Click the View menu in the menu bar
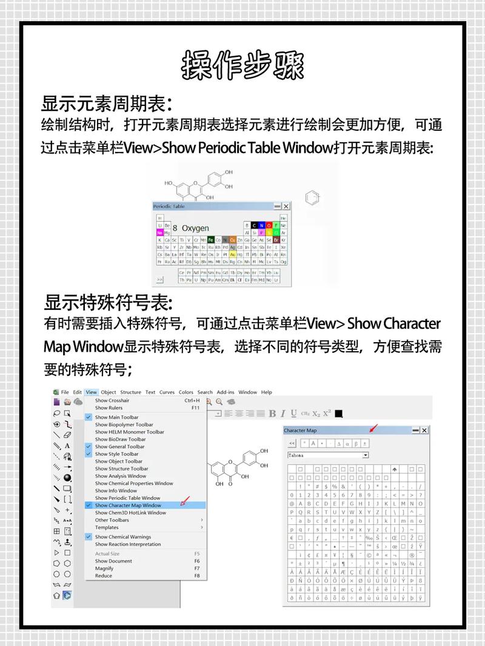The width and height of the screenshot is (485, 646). click(x=91, y=392)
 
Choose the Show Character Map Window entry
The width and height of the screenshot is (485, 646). click(x=128, y=505)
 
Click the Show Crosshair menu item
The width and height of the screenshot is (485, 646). click(x=112, y=400)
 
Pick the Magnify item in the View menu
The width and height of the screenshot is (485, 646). click(x=104, y=569)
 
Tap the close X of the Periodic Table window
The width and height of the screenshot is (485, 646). click(x=286, y=206)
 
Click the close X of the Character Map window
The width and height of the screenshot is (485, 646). click(x=424, y=430)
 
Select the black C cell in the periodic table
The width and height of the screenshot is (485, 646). click(x=254, y=225)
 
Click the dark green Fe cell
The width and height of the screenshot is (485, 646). click(x=211, y=240)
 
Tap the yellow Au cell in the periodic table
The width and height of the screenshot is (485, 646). click(x=232, y=254)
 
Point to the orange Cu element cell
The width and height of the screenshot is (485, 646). click(x=232, y=240)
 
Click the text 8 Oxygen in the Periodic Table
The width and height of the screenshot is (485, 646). click(x=190, y=228)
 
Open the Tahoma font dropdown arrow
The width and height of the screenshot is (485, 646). click(x=365, y=455)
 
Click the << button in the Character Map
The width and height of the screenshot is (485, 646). click(x=292, y=443)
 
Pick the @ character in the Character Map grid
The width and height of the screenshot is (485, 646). click(x=292, y=503)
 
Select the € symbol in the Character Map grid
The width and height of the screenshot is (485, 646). click(x=292, y=538)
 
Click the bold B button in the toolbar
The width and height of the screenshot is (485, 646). click(x=272, y=414)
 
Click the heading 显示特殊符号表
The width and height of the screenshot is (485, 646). click(x=108, y=302)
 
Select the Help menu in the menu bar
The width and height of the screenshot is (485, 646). click(x=266, y=392)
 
